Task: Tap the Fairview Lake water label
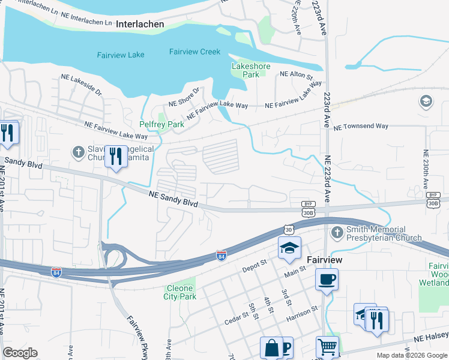tap(121, 55)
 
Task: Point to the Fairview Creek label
tap(194, 52)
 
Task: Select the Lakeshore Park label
tap(251, 70)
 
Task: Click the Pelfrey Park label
tap(161, 124)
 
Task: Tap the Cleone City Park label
tap(180, 292)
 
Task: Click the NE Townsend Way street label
tap(361, 127)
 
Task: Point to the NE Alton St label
tap(297, 76)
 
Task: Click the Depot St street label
tap(255, 265)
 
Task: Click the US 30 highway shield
tap(289, 229)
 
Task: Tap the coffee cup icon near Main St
tap(327, 280)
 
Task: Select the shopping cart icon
tap(327, 347)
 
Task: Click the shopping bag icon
tap(271, 348)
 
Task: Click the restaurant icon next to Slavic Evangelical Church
tap(116, 157)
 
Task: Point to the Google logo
tap(20, 353)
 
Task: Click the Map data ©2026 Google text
tap(412, 355)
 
